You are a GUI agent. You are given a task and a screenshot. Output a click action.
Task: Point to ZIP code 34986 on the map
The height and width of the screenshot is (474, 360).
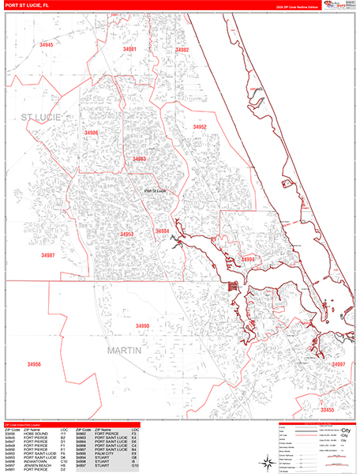coord(91,134)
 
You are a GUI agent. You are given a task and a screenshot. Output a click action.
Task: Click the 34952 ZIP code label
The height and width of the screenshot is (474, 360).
coord(200,126)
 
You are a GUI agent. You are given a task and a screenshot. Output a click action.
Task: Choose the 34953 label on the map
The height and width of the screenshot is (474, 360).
coord(126,235)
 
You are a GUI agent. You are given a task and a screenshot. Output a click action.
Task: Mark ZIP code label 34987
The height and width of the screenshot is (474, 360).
coord(48,255)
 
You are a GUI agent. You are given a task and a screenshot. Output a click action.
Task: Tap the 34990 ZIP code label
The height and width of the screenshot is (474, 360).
coord(142,325)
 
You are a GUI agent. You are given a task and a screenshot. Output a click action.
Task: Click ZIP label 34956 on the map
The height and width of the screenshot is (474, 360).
coord(34,364)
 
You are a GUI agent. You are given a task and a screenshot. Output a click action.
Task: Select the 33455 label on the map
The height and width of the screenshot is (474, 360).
coord(327,410)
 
